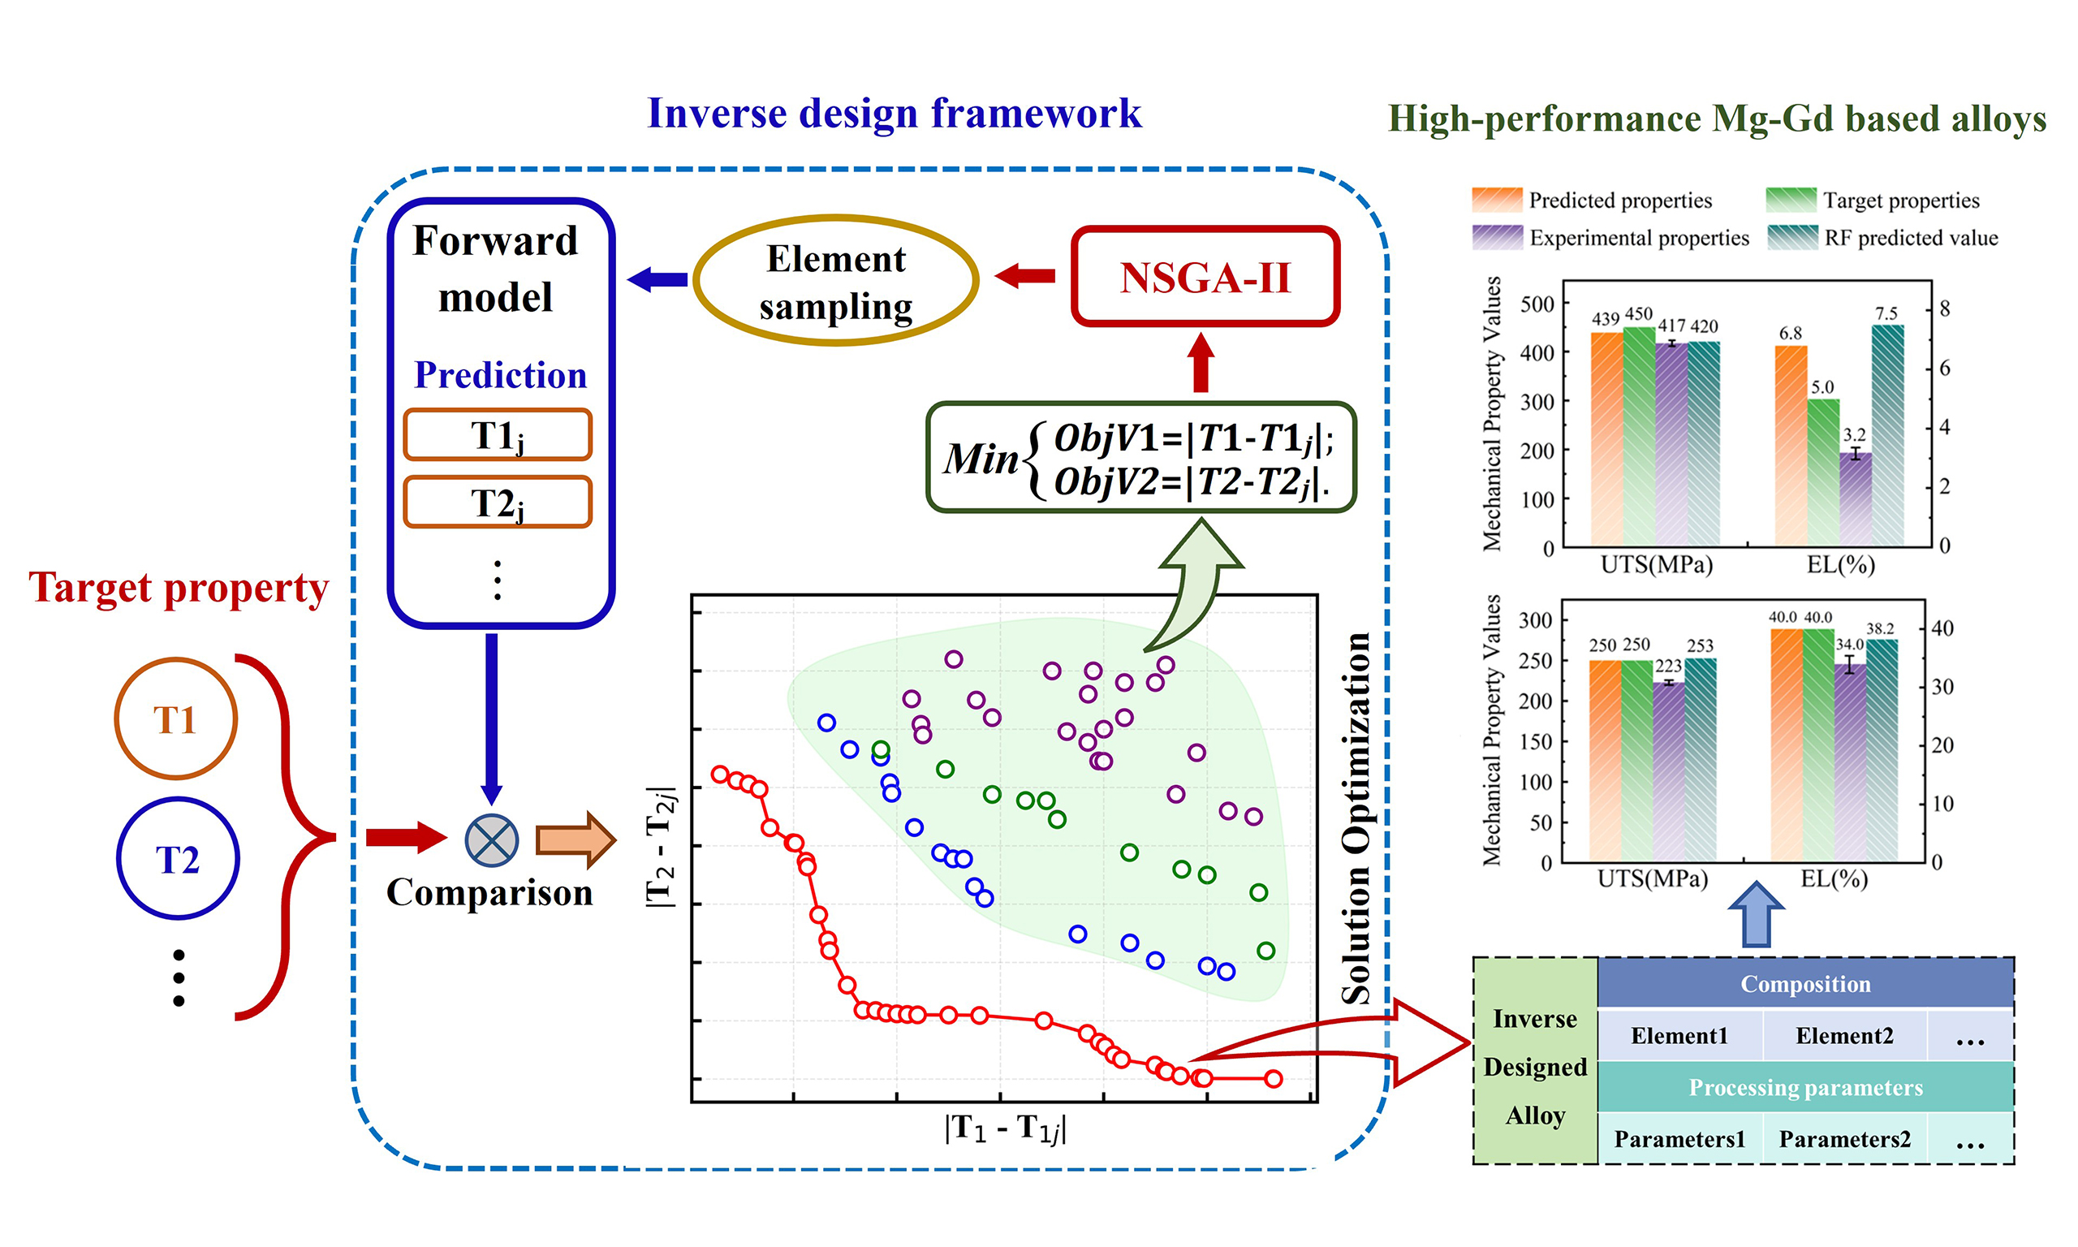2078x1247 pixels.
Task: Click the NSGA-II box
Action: pos(1205,277)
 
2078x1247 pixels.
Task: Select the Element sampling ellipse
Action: pos(836,282)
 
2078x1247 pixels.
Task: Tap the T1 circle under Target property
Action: pos(175,719)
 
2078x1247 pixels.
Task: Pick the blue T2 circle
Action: pos(177,859)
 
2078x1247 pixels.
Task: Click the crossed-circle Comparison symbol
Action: pos(491,840)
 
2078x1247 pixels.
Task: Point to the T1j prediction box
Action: pos(498,435)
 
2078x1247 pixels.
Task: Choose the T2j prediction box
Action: pos(498,503)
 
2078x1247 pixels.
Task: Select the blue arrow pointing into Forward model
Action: pos(657,280)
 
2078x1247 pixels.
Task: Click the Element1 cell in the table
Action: pos(1679,1036)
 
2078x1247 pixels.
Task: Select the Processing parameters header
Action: pos(1805,1087)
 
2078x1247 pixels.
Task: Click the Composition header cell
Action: pos(1805,984)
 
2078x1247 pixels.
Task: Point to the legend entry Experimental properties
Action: pos(1638,239)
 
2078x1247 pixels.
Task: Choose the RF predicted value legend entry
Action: pos(1910,239)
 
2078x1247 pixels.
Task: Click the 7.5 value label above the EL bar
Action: pos(1886,313)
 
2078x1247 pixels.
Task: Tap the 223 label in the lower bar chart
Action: pos(1668,667)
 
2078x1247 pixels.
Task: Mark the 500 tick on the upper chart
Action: pos(1537,304)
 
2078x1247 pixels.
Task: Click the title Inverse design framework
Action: pos(894,114)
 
